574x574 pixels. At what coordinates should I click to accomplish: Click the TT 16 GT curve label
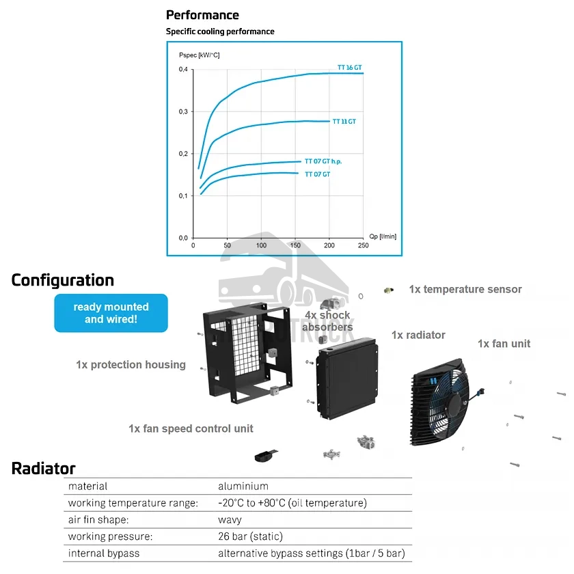click(349, 68)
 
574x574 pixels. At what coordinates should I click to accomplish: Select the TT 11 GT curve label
click(344, 122)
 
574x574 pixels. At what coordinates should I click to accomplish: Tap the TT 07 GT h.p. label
click(323, 161)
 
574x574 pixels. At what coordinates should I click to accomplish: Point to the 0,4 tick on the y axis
click(183, 70)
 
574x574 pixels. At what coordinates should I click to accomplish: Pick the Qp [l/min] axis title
click(382, 236)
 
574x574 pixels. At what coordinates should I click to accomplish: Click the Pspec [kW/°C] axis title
click(199, 54)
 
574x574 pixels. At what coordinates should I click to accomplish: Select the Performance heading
click(202, 15)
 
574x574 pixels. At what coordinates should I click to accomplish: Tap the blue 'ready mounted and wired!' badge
click(111, 313)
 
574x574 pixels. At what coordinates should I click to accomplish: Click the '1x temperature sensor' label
click(465, 289)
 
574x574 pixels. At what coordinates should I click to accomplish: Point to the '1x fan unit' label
click(504, 344)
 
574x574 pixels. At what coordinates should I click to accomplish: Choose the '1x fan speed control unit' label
click(191, 428)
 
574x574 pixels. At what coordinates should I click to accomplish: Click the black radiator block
click(347, 383)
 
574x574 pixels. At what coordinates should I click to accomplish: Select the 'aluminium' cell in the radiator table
click(243, 487)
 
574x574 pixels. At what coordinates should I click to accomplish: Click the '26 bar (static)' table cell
click(250, 536)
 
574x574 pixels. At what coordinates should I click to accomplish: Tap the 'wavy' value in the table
click(231, 520)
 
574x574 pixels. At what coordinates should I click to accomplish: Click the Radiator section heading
click(43, 468)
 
